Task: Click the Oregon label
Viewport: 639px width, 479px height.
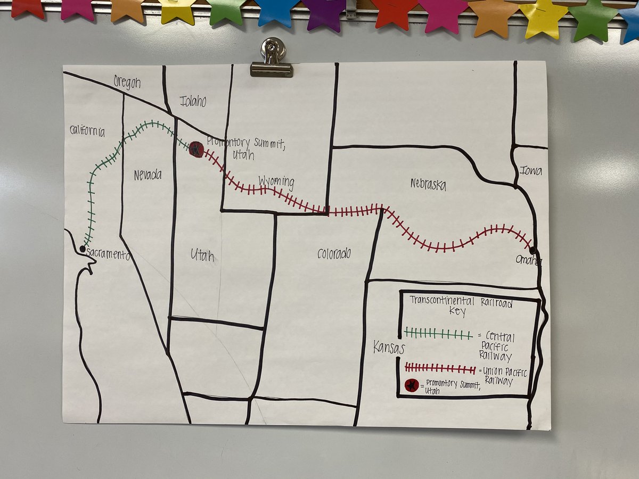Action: (127, 82)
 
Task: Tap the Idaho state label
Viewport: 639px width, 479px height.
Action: (193, 101)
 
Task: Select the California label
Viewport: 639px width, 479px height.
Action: (87, 131)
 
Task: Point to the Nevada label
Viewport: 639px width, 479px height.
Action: (148, 175)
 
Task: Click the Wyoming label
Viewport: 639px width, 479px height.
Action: (276, 181)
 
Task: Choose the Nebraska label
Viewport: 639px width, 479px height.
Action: (428, 185)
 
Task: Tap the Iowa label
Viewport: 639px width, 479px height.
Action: (531, 171)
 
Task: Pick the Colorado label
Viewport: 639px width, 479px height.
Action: (334, 254)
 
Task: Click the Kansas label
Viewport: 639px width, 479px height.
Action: (388, 349)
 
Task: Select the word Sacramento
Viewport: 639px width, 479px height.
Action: (108, 254)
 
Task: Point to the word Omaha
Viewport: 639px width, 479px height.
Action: (528, 260)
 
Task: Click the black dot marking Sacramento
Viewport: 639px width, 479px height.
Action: (83, 249)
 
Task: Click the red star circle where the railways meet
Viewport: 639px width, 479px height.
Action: (196, 150)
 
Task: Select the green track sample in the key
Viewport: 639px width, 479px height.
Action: (438, 334)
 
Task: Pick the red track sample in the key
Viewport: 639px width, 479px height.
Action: (440, 368)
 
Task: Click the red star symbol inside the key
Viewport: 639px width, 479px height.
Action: (411, 385)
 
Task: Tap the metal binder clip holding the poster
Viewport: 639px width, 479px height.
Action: (272, 58)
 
